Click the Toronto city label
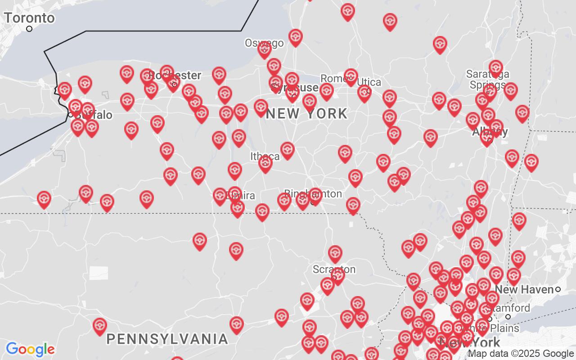(x=29, y=18)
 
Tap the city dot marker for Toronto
(x=29, y=29)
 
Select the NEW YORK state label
(x=307, y=114)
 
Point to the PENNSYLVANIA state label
(x=167, y=339)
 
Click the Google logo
(x=30, y=349)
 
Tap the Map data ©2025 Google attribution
(x=521, y=354)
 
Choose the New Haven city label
(x=524, y=289)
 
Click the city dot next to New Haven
(x=558, y=289)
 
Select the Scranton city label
(x=334, y=270)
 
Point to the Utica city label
(x=369, y=82)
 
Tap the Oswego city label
(x=264, y=43)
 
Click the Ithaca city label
(x=265, y=157)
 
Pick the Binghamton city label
(x=313, y=193)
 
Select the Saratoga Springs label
(x=487, y=79)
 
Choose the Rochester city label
(x=175, y=75)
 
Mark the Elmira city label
(x=241, y=196)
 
